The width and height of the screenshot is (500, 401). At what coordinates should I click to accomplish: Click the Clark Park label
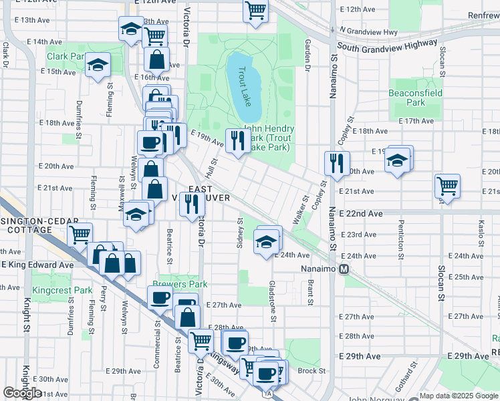point(66,57)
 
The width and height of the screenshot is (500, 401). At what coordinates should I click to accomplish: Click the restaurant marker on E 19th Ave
point(237,140)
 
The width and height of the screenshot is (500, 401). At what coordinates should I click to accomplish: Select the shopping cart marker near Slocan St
point(447,185)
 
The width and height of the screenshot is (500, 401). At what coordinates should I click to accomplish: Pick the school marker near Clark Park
point(98,65)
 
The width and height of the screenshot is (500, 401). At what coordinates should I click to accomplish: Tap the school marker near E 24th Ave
point(266,243)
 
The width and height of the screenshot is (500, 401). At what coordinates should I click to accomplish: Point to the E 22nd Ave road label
point(360,213)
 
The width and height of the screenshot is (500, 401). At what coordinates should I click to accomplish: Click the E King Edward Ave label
point(37,265)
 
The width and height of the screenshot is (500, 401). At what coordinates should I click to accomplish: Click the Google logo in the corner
point(22,393)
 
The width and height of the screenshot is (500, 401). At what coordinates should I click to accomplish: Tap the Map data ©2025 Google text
point(458,396)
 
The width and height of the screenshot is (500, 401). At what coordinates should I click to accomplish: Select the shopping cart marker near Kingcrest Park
point(80,235)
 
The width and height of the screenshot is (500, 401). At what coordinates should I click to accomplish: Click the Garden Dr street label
point(308,55)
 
